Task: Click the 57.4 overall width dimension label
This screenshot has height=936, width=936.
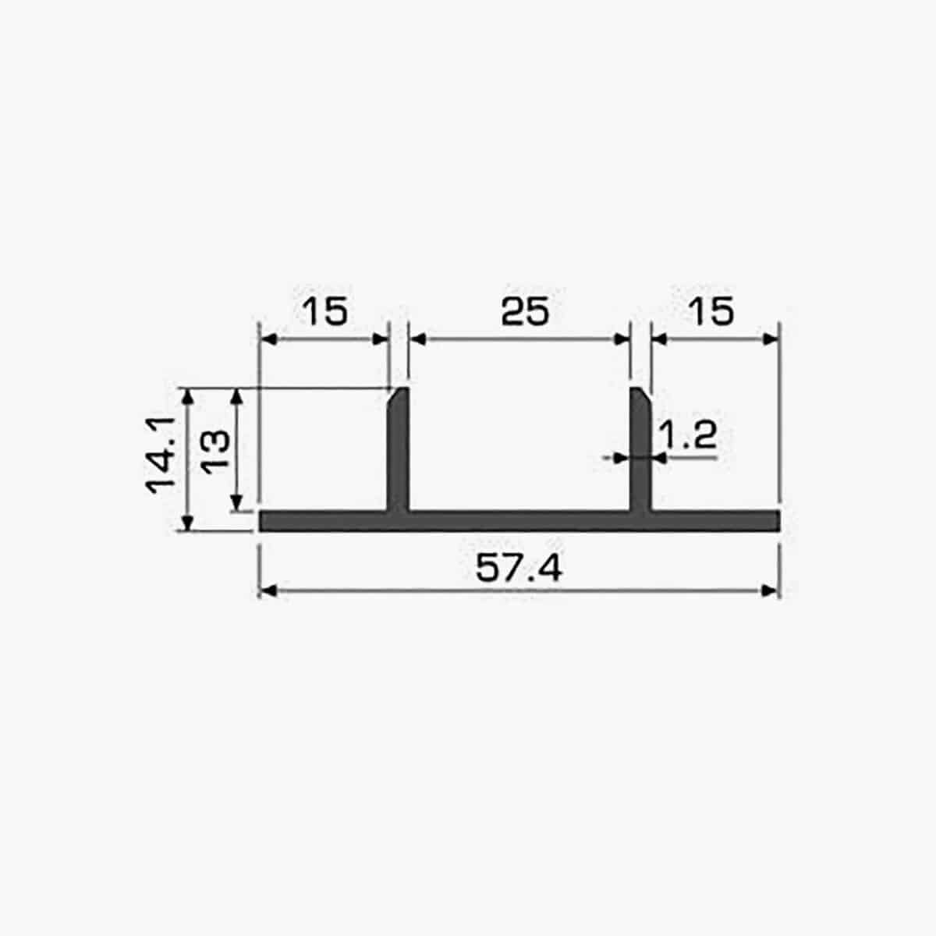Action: pos(519,568)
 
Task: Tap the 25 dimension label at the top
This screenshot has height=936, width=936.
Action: pos(525,311)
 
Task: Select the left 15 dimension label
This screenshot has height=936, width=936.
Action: pos(325,311)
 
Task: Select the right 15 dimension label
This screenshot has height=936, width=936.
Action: pos(711,311)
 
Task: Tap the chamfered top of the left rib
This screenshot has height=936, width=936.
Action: pos(399,393)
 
